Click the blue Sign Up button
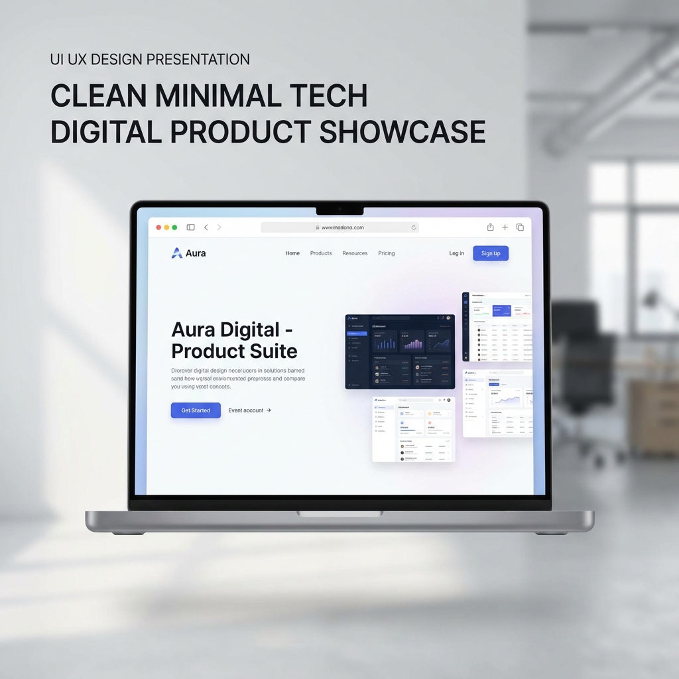(x=491, y=253)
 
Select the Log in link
(x=456, y=253)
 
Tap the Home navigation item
(x=292, y=253)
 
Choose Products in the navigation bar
(x=321, y=253)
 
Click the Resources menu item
(x=355, y=253)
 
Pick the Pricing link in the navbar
(x=387, y=253)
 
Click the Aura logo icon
(x=177, y=253)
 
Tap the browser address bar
(x=339, y=227)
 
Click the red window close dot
(x=158, y=227)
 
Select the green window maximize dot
(x=174, y=227)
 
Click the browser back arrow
(x=206, y=227)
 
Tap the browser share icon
(x=490, y=227)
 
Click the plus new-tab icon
(x=505, y=227)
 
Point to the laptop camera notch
(x=339, y=210)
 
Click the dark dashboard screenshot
(x=400, y=351)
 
